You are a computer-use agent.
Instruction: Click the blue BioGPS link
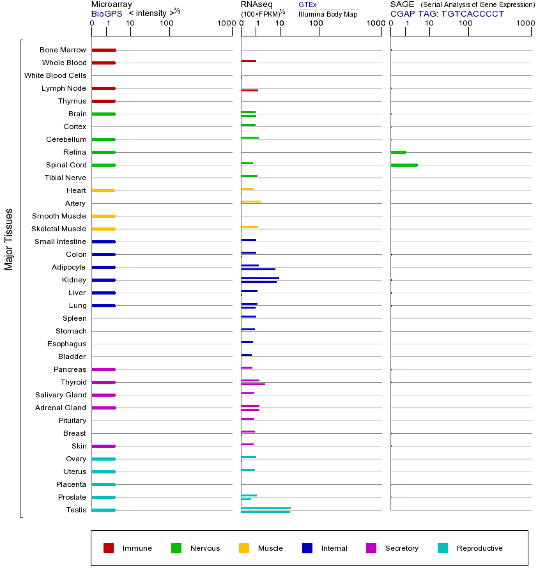click(107, 13)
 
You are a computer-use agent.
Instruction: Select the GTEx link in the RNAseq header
click(307, 4)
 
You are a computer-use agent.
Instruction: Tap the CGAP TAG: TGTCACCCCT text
click(447, 14)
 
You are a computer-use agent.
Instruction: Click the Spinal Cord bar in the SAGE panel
click(404, 165)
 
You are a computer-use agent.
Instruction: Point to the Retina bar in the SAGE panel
click(398, 152)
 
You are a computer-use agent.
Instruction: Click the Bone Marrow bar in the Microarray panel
click(104, 50)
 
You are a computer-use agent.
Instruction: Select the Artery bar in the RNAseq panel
click(251, 202)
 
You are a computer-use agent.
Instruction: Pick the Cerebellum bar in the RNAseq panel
click(250, 138)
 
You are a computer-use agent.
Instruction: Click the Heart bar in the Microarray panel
click(104, 190)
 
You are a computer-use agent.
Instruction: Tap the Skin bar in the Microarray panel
click(104, 447)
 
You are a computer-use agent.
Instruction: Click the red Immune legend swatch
click(109, 548)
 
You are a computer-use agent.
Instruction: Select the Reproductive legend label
click(480, 548)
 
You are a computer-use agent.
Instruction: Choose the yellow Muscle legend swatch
click(244, 548)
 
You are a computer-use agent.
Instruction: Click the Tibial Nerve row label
click(65, 178)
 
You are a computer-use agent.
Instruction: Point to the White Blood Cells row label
click(56, 75)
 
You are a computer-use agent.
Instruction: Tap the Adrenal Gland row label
click(61, 408)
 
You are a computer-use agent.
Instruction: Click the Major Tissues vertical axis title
click(8, 240)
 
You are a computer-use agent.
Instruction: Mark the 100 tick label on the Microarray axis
click(167, 23)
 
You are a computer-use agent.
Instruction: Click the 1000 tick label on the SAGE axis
click(525, 23)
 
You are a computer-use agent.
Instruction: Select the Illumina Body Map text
click(328, 14)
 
